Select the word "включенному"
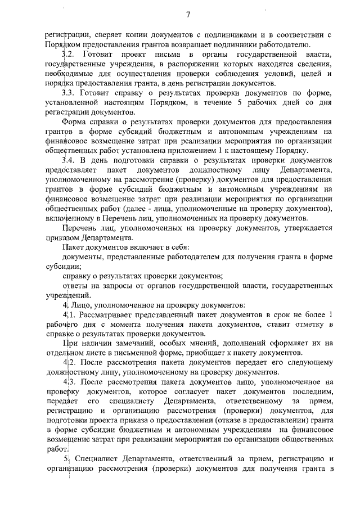point(69,218)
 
